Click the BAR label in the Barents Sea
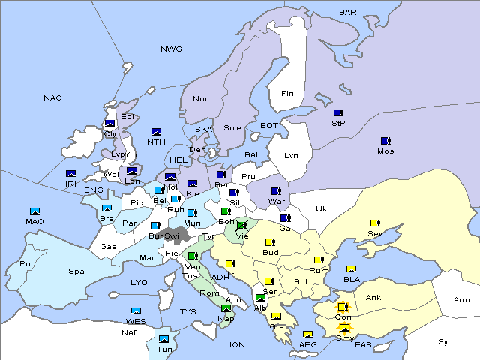point(347,12)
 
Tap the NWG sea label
point(171,49)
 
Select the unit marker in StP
point(338,112)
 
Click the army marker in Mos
point(385,141)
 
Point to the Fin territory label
point(287,93)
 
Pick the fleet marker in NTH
point(157,132)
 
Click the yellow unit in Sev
point(374,223)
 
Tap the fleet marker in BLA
point(351,269)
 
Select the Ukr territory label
point(322,208)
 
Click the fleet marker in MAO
point(34,211)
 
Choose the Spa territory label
point(76,271)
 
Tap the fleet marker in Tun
point(163,339)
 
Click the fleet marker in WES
point(136,310)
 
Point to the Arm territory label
point(462,299)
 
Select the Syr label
point(445,341)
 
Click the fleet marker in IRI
point(71,174)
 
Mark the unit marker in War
point(277,191)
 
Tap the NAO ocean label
point(52,97)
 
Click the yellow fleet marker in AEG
point(307,334)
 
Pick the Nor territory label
point(200,98)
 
